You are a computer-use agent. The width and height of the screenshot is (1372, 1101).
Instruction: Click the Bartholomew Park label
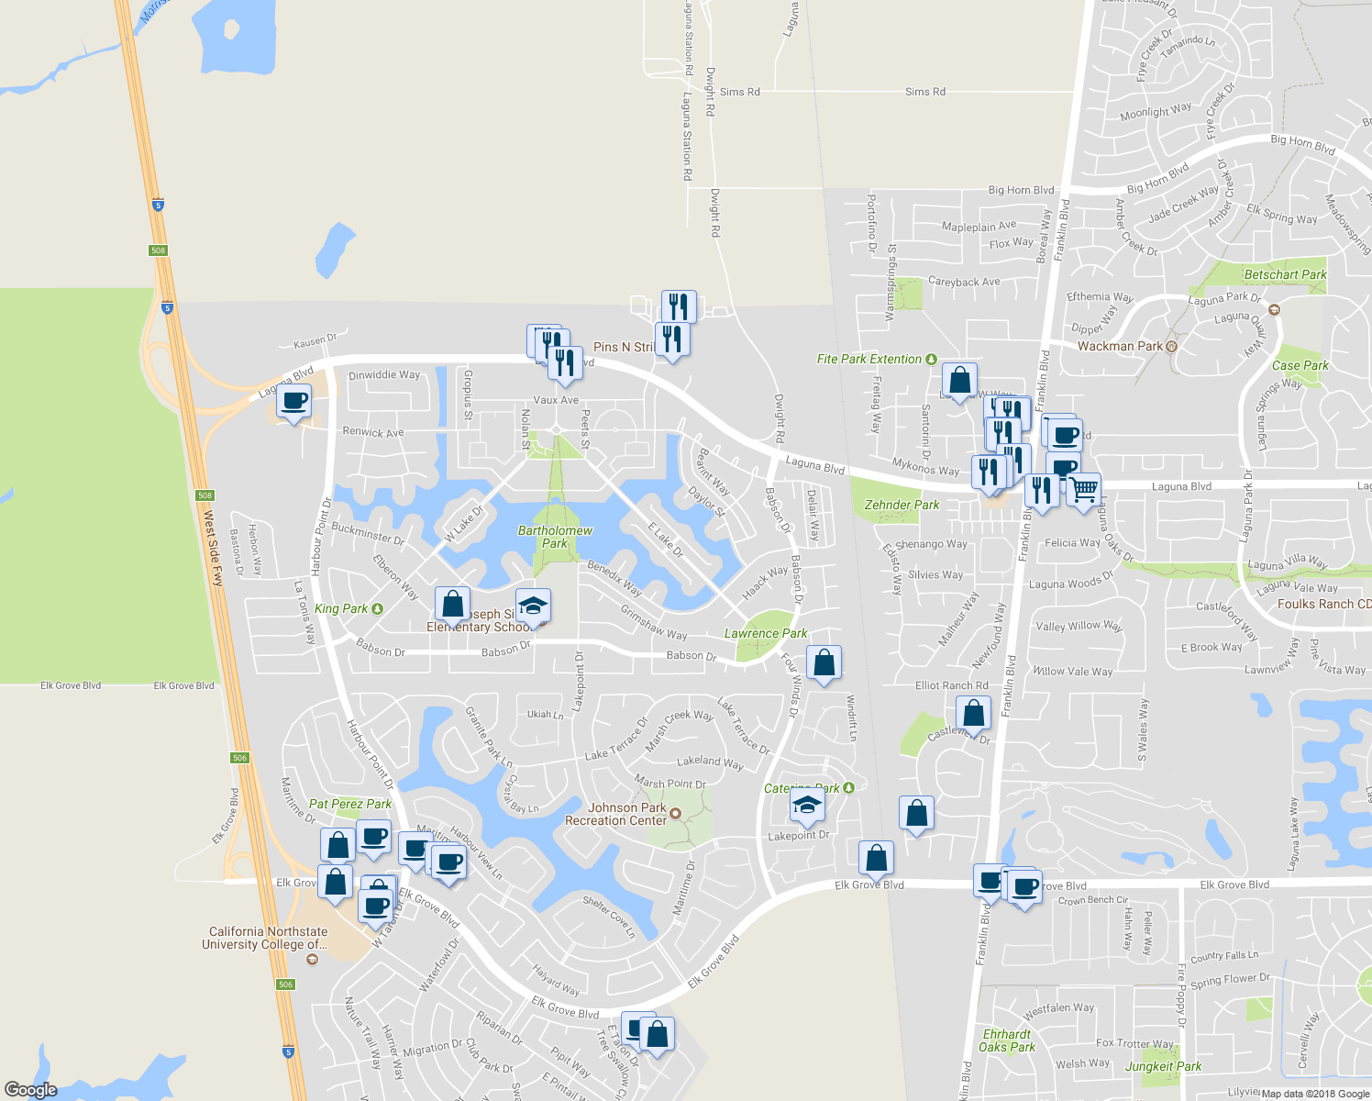[555, 537]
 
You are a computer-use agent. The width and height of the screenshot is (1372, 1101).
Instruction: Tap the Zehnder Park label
[902, 505]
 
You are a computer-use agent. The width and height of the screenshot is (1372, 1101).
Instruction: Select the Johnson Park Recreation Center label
[616, 814]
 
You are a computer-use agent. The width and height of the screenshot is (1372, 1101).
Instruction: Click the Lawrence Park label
[766, 633]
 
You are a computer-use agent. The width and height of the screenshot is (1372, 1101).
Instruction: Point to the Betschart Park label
[1285, 274]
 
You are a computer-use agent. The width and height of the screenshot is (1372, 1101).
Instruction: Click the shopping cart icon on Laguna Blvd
[1083, 489]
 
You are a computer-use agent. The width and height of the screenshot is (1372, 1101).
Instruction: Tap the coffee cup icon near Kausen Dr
[293, 401]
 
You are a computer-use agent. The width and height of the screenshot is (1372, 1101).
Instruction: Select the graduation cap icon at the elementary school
[532, 606]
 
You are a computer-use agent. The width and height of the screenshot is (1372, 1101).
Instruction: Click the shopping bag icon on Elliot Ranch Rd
[973, 713]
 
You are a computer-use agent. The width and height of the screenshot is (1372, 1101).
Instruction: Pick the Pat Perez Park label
[350, 804]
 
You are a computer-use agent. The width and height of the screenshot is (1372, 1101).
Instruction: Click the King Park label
[341, 608]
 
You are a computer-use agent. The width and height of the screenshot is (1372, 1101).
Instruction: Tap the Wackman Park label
[1120, 346]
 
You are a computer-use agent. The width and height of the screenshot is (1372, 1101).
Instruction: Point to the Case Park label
[1300, 365]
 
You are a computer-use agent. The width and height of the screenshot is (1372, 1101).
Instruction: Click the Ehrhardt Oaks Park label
[1006, 1040]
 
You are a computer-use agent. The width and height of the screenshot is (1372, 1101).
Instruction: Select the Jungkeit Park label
[1163, 1066]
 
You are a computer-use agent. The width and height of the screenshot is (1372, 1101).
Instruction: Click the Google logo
[30, 1089]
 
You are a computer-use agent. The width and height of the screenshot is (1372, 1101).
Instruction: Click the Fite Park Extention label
[869, 359]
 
